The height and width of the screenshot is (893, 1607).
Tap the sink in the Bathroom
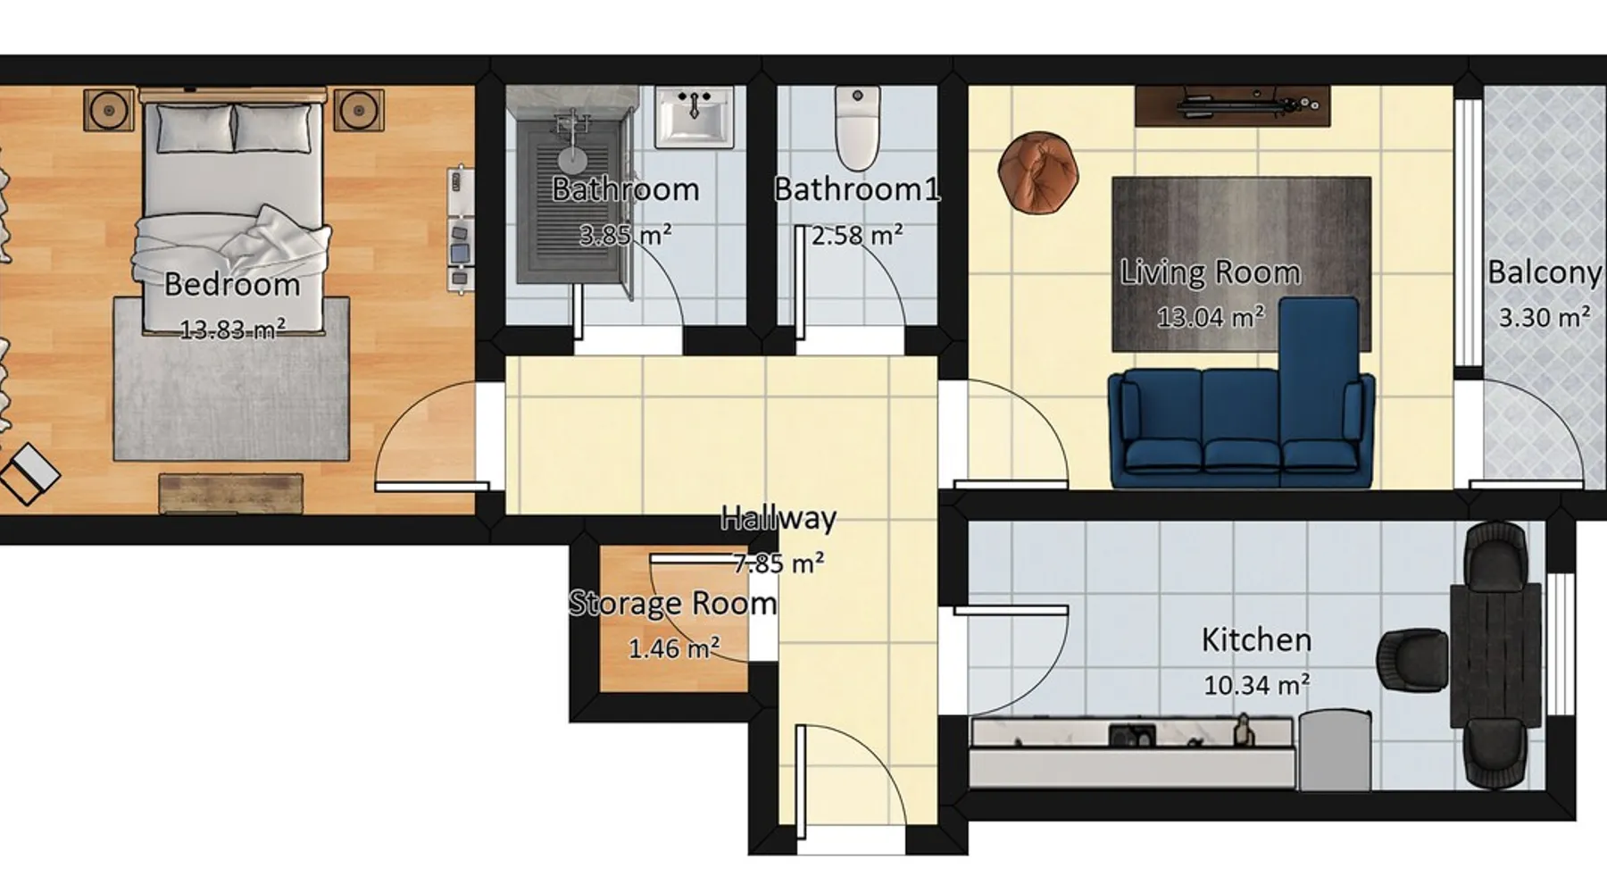[x=695, y=116]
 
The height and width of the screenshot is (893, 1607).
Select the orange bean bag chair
[x=1037, y=172]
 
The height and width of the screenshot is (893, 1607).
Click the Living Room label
[x=1210, y=272]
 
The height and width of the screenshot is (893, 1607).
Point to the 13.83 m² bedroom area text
[x=233, y=330]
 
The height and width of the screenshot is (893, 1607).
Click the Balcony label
[x=1545, y=272]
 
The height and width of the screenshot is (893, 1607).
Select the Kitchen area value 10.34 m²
[x=1256, y=685]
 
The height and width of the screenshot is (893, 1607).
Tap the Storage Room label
[x=673, y=604]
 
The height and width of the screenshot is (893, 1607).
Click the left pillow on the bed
[x=195, y=128]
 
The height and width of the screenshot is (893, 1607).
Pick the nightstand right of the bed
[x=359, y=110]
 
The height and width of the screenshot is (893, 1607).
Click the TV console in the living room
[x=1233, y=106]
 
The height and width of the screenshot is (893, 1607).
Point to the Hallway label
[x=779, y=518]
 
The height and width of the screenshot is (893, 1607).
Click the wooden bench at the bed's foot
[x=231, y=494]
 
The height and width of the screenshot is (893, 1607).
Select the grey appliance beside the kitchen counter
[x=1335, y=750]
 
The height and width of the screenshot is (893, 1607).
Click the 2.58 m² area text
[x=857, y=235]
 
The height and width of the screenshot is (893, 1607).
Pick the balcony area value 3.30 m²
[x=1545, y=317]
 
